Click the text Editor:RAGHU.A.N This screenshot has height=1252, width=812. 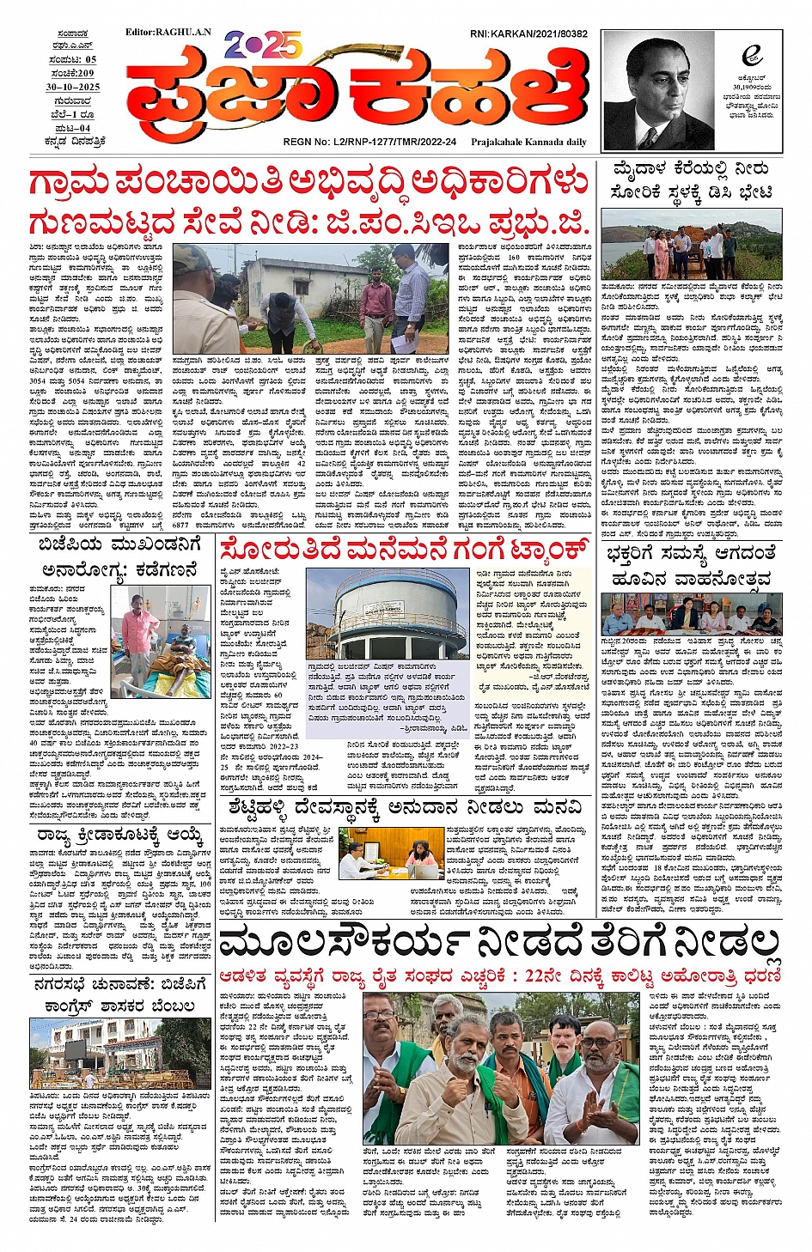pos(168,33)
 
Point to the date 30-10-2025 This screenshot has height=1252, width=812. pos(73,88)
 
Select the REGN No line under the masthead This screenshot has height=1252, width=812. pos(369,142)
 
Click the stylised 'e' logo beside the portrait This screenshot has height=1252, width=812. pos(752,56)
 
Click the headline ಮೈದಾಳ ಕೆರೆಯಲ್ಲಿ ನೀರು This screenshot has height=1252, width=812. pos(691,170)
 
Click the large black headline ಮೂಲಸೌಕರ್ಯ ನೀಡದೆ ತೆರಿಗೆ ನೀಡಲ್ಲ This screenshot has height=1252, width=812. pos(500,945)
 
